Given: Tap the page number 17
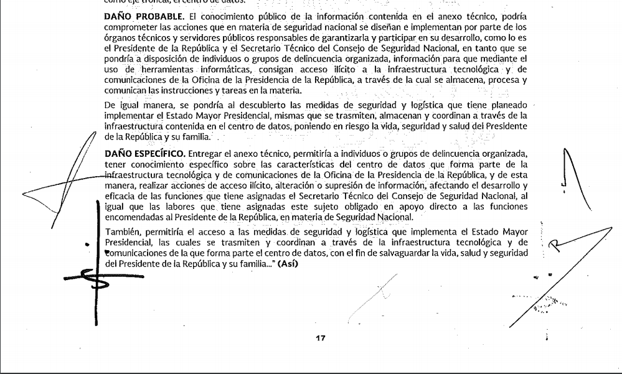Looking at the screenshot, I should (320, 339).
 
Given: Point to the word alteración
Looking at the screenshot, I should (350, 184).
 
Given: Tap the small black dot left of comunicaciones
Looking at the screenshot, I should (87, 245).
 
